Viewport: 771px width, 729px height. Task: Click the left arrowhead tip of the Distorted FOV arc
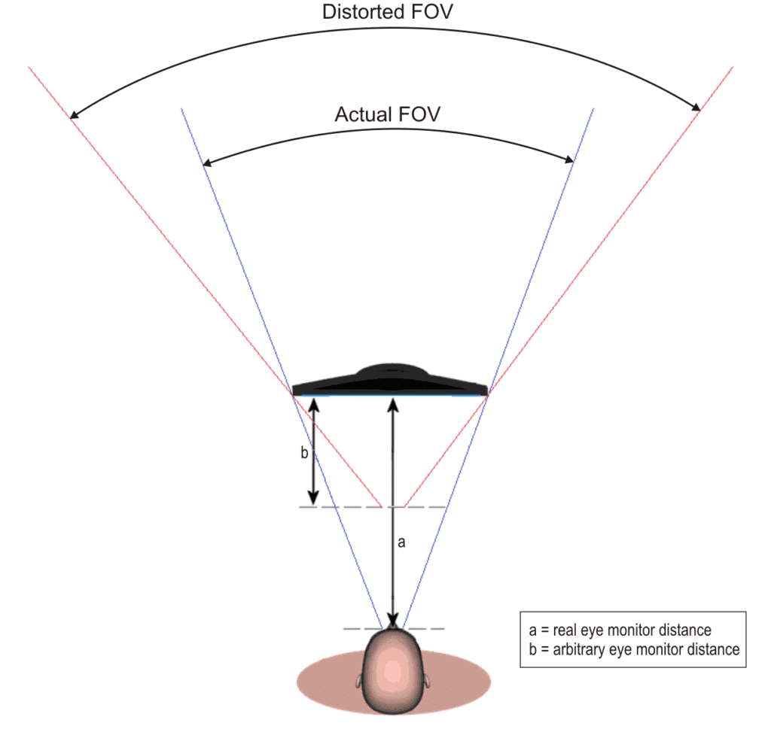tap(70, 118)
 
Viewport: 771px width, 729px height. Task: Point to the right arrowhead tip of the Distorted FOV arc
tap(700, 111)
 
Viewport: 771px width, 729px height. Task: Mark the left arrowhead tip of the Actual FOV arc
tap(203, 166)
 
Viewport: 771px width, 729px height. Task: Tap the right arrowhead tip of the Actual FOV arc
tap(574, 162)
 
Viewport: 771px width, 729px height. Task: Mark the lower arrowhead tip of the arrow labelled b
tap(313, 505)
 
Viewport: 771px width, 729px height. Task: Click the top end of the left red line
tap(28, 66)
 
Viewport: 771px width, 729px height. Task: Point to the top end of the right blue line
tap(594, 108)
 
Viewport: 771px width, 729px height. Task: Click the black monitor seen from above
tap(390, 380)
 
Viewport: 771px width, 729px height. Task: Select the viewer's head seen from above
tap(392, 670)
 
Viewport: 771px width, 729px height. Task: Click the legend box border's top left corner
tap(520, 612)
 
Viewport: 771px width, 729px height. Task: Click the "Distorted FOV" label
tap(388, 12)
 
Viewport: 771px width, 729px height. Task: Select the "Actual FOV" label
tap(388, 114)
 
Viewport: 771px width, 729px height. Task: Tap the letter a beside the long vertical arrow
tap(401, 542)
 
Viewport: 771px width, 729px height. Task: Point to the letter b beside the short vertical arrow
tap(304, 452)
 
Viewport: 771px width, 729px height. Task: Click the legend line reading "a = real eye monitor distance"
tap(620, 630)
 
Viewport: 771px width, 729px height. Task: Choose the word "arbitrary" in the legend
tap(579, 650)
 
